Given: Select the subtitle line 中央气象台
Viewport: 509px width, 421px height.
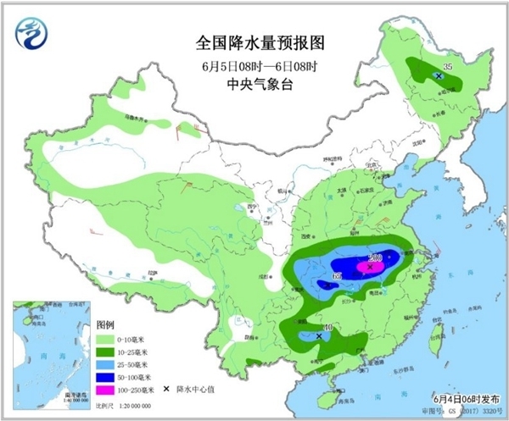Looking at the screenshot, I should click(x=254, y=83).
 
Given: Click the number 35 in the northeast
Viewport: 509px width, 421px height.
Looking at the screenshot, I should click(x=450, y=64).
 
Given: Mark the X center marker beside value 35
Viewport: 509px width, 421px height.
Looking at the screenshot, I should click(x=439, y=76).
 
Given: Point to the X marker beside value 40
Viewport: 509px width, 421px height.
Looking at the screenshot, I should click(x=319, y=336).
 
